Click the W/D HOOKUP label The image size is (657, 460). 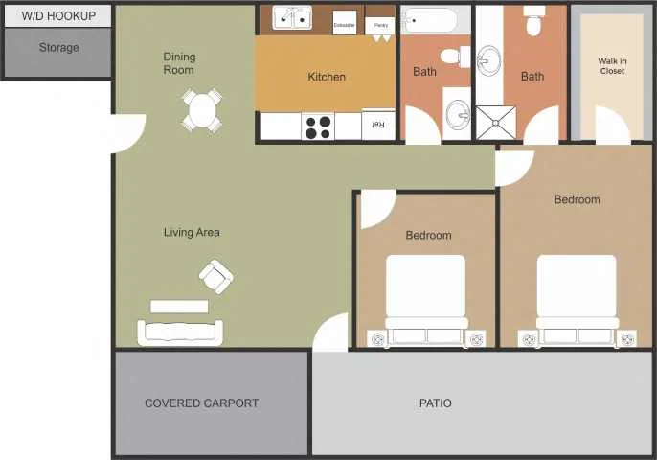[58, 16]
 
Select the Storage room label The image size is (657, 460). [58, 47]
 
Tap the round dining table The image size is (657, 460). [202, 110]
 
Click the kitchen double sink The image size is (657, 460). [292, 18]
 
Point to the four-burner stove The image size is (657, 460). [318, 126]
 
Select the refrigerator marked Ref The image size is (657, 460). [378, 125]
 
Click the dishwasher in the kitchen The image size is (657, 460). [345, 23]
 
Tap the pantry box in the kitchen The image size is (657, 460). [379, 25]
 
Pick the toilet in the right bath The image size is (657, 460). [534, 21]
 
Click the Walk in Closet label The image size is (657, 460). [612, 66]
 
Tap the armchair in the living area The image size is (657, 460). [215, 277]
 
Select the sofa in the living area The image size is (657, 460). [180, 332]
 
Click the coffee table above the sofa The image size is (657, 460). [179, 307]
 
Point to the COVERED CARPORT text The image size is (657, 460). [201, 403]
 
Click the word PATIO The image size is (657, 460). [435, 403]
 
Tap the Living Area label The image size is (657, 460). [192, 232]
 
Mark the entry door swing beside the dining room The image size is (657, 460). [128, 132]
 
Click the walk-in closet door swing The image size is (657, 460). [611, 126]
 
